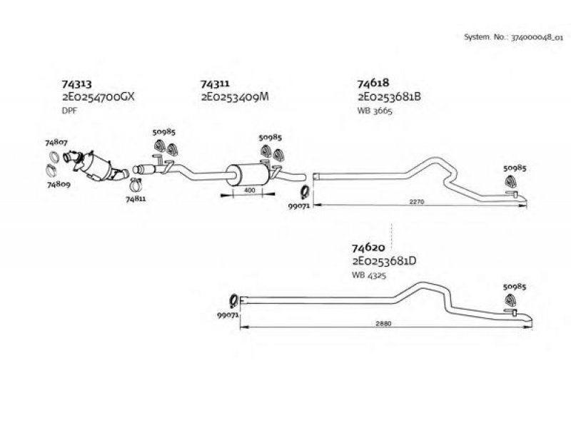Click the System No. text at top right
(x=513, y=37)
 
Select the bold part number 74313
(x=77, y=84)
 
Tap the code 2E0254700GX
(x=98, y=97)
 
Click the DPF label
(x=69, y=111)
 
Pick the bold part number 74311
(x=216, y=83)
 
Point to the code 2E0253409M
(x=235, y=97)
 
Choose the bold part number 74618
(x=373, y=83)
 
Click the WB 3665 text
(x=375, y=111)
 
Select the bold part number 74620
(x=368, y=248)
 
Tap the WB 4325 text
(x=369, y=275)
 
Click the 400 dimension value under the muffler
(x=250, y=190)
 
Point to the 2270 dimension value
(x=417, y=201)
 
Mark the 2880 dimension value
(x=383, y=323)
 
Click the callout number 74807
(x=56, y=142)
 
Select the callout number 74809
(x=59, y=184)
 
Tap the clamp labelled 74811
(x=136, y=185)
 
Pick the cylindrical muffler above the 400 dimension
(x=248, y=174)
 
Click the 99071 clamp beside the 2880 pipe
(x=233, y=301)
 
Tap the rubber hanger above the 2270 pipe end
(x=511, y=181)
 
